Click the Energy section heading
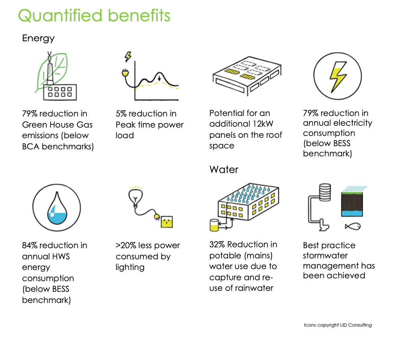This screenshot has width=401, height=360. (x=38, y=38)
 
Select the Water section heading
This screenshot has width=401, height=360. (x=224, y=169)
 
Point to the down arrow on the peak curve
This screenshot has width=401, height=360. (x=159, y=77)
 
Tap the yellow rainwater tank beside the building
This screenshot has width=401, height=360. (x=214, y=225)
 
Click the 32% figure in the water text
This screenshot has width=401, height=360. (x=217, y=244)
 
